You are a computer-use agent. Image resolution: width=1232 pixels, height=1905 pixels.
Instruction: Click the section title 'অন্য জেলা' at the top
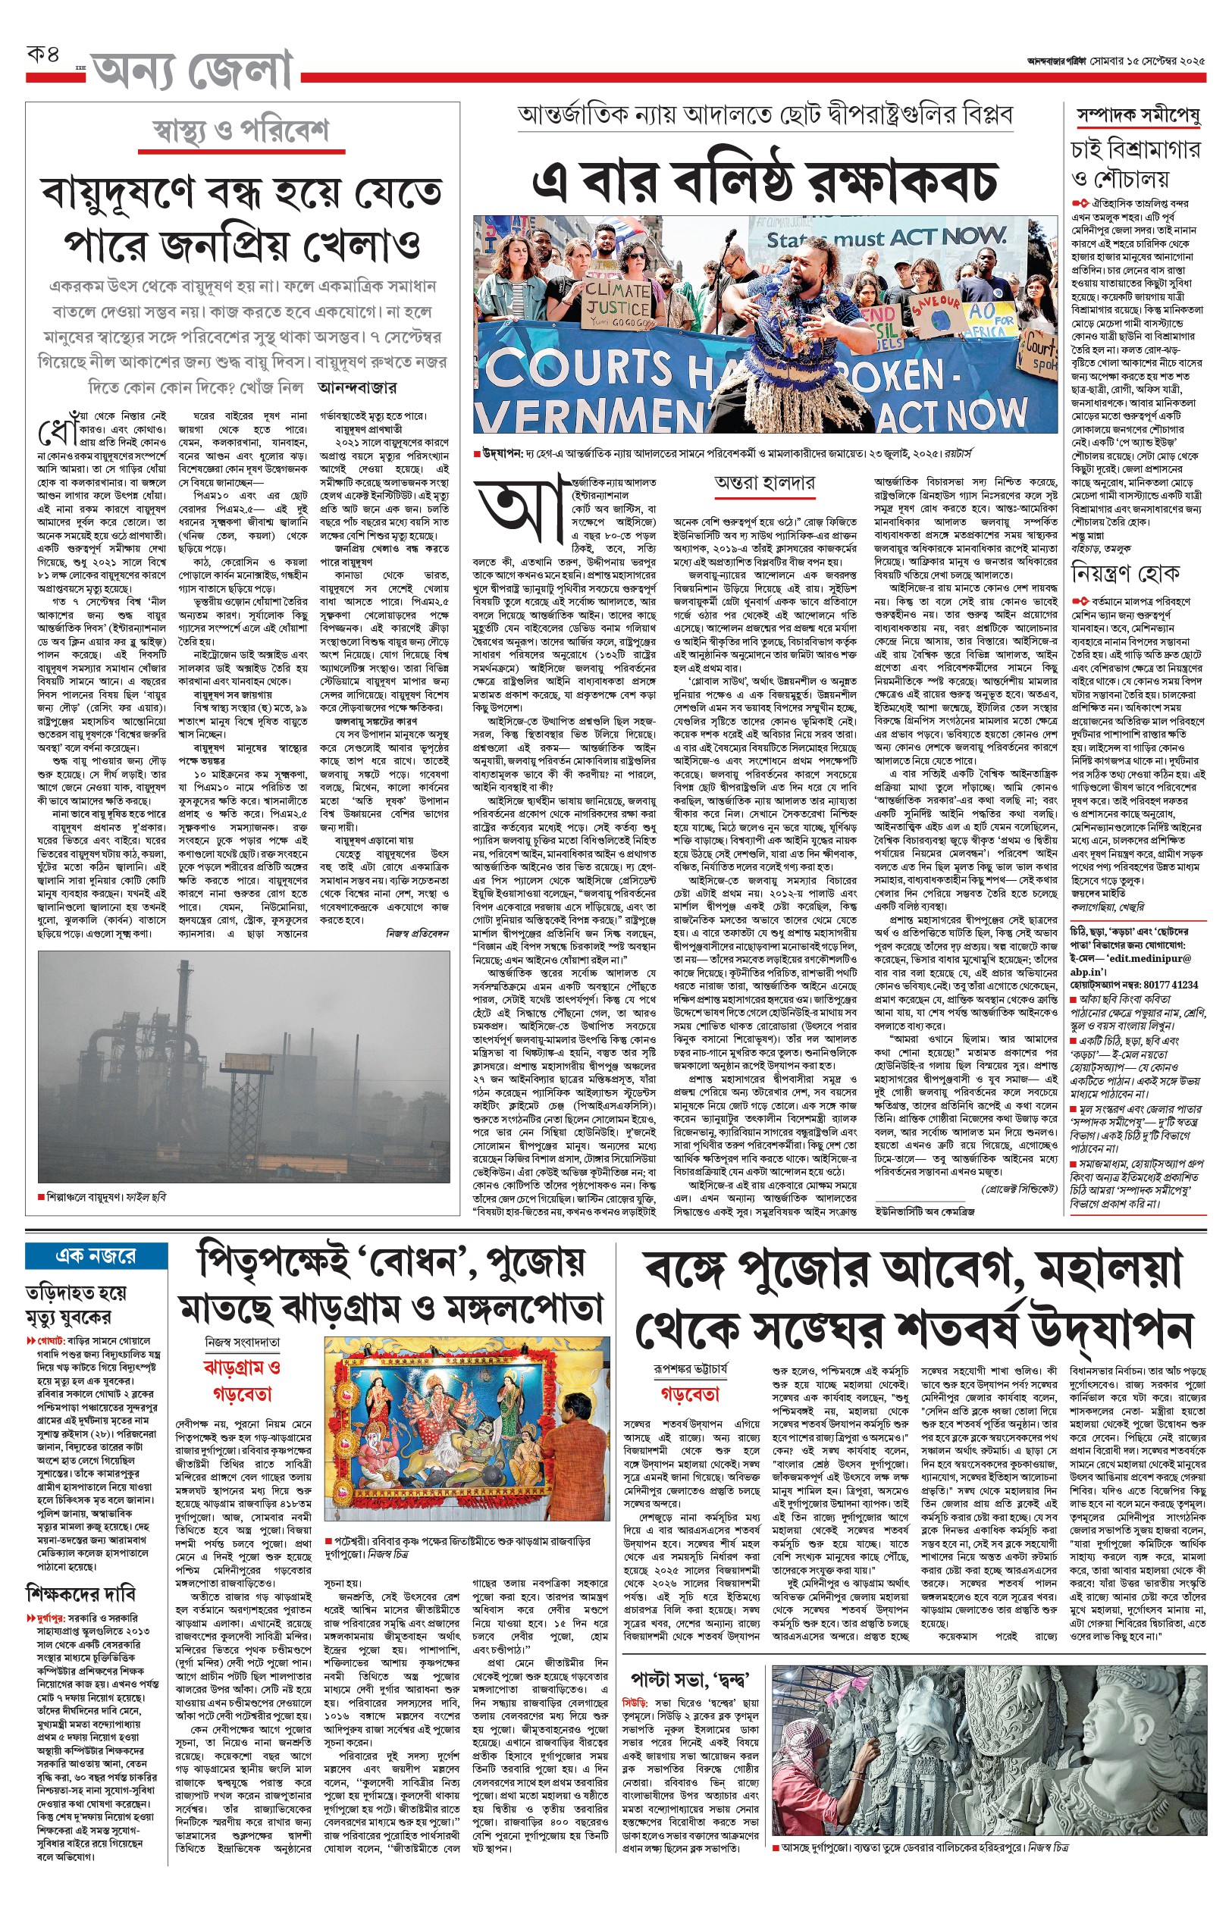tap(192, 72)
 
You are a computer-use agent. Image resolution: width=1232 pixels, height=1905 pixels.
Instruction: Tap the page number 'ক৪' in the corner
tap(43, 55)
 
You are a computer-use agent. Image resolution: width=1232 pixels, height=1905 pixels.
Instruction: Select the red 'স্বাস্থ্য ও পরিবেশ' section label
tap(241, 130)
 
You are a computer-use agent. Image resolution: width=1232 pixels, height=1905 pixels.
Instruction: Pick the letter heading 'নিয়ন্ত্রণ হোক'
tap(1126, 573)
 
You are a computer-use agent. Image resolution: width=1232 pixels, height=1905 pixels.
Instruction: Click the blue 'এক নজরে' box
tap(96, 1255)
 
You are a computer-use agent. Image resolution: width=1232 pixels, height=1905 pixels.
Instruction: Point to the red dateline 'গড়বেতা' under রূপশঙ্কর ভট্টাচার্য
tap(690, 1393)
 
